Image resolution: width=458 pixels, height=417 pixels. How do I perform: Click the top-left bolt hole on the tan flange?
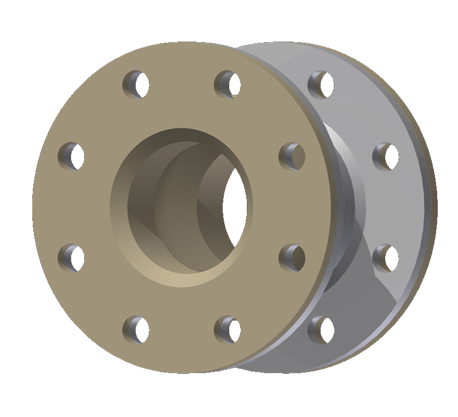136,84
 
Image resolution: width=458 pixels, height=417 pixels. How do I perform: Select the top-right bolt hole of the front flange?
227,84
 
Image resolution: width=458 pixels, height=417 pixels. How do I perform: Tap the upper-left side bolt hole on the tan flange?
71,156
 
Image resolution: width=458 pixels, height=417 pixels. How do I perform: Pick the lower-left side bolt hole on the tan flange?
71,258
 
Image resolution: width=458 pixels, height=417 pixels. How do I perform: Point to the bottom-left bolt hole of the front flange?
136,329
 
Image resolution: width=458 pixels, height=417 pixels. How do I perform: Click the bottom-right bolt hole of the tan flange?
227,329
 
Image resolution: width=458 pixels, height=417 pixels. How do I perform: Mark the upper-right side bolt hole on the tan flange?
292,156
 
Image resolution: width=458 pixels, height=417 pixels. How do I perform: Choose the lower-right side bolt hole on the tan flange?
292,258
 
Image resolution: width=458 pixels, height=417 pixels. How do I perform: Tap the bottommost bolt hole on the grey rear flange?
321,329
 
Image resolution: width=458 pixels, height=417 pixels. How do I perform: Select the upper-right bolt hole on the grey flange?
386,156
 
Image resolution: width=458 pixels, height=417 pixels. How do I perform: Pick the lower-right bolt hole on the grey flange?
386,258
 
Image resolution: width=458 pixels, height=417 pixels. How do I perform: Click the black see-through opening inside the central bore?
236,205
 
